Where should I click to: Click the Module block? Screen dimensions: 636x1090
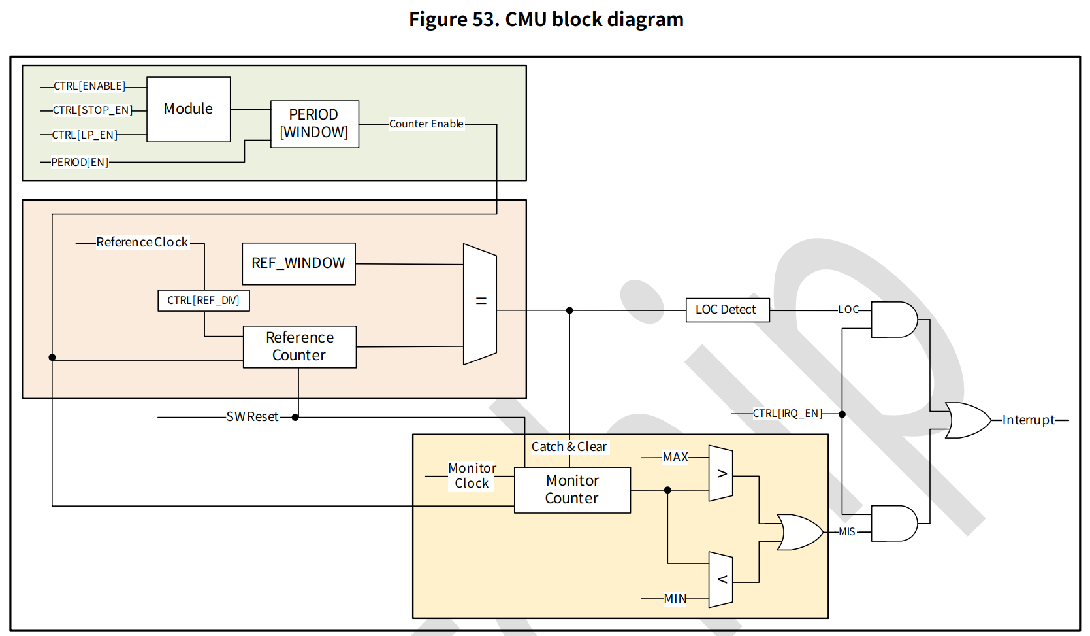tap(188, 109)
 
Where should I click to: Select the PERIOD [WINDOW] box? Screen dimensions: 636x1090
tap(314, 124)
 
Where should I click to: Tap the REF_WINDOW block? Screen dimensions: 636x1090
tap(298, 263)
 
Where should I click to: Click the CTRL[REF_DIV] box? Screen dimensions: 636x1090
tap(203, 300)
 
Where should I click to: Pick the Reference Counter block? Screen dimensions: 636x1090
tap(299, 346)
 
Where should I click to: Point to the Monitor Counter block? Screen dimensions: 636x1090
tap(572, 490)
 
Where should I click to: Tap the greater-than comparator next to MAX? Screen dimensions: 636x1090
tap(721, 474)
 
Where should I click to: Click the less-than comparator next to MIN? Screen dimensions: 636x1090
tap(721, 579)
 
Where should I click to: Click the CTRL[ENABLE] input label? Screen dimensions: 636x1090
tap(89, 86)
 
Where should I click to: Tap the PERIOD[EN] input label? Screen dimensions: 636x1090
tap(80, 162)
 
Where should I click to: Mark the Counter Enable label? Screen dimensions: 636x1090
tap(426, 124)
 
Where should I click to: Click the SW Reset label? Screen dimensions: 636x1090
tap(252, 417)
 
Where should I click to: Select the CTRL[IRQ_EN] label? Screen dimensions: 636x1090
tap(787, 414)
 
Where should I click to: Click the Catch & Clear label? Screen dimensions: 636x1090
tap(569, 446)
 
